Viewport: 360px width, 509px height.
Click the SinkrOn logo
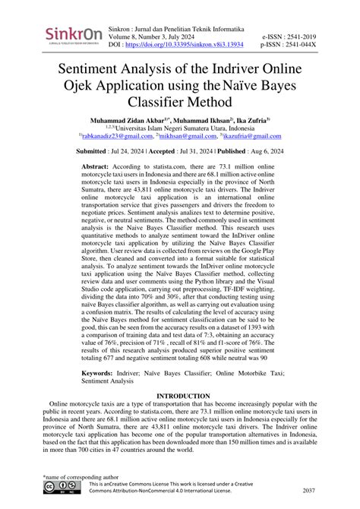coord(74,36)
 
